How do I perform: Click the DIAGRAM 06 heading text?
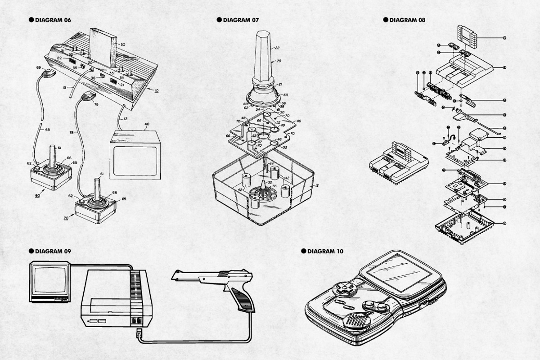(x=53, y=20)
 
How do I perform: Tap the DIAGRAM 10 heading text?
(x=325, y=251)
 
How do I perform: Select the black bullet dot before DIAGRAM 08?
(x=385, y=20)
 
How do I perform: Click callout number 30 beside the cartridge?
(x=123, y=44)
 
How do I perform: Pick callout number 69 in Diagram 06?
(x=39, y=67)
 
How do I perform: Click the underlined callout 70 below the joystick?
(x=66, y=217)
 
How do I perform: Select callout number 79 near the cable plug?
(x=95, y=105)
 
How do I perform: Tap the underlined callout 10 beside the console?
(x=156, y=90)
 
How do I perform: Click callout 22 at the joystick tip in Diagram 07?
(x=277, y=47)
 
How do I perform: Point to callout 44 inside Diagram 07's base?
(x=271, y=164)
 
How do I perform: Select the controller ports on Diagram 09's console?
(x=137, y=321)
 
